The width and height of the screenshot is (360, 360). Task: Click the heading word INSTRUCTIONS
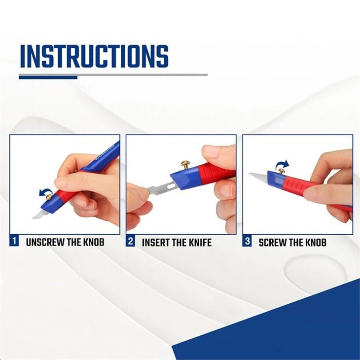point(94,56)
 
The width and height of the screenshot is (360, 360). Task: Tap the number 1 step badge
point(14,242)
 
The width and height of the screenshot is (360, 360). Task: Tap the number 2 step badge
point(131,242)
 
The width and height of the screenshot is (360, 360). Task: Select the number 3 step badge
point(248,242)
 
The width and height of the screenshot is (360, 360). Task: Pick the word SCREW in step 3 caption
point(273,242)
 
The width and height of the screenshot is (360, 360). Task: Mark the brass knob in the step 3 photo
point(282,171)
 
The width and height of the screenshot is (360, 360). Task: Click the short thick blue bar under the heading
point(48,77)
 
